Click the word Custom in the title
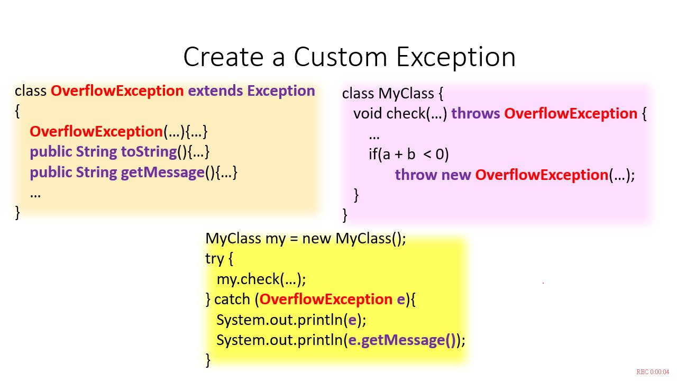click(341, 57)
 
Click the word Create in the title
click(224, 57)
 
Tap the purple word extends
click(215, 90)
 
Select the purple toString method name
click(149, 152)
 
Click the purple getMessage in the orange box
click(163, 173)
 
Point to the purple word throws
click(475, 114)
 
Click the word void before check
click(368, 114)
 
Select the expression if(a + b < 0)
click(409, 154)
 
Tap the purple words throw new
click(433, 175)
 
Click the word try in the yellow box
click(215, 259)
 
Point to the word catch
click(232, 300)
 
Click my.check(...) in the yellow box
click(261, 279)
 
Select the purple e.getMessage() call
click(402, 340)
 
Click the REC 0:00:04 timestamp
click(653, 372)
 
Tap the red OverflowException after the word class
click(117, 90)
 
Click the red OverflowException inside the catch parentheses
click(326, 300)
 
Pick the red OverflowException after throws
click(571, 114)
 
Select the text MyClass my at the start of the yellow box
click(245, 239)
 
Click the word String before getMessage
click(96, 173)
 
